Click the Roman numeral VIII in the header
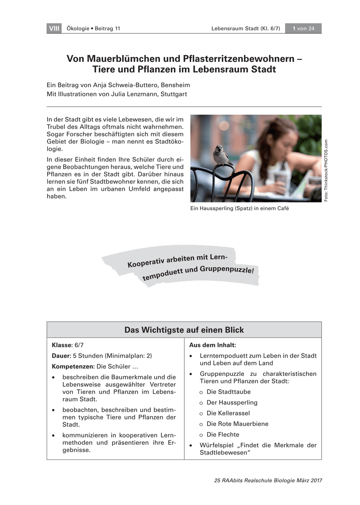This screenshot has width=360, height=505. tap(54, 29)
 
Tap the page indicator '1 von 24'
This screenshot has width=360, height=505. tap(304, 29)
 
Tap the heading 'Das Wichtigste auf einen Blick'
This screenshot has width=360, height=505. tap(184, 330)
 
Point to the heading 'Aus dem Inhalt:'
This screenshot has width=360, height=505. tap(212, 345)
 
